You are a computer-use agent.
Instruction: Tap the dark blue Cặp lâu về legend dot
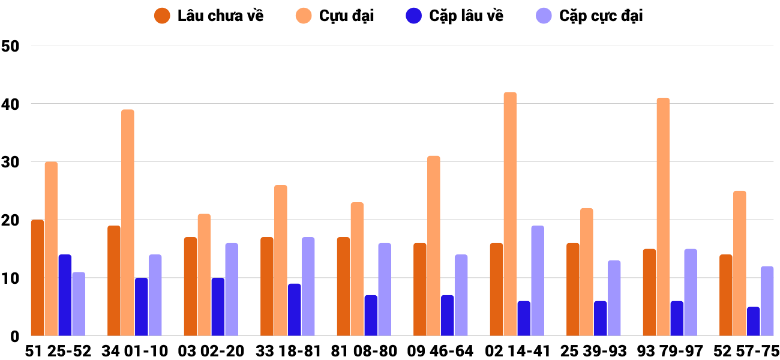pos(414,16)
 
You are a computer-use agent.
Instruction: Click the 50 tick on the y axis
pos(11,46)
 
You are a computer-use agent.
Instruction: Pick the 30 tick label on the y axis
pos(11,163)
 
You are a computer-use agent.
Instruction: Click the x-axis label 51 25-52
pos(58,351)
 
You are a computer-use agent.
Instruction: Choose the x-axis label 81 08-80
pos(364,351)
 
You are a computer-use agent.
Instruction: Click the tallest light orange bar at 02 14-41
pos(510,214)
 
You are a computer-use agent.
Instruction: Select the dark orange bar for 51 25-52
pos(38,278)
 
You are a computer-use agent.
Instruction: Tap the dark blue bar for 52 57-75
pos(753,322)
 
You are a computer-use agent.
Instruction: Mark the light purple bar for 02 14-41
pos(538,281)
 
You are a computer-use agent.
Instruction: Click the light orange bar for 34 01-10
pos(128,223)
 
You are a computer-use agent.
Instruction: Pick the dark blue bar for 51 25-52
pos(65,295)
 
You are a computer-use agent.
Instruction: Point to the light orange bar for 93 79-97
pos(663,217)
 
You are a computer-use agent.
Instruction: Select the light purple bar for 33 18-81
pos(308,287)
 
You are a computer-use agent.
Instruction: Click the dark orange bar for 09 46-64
pos(420,289)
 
